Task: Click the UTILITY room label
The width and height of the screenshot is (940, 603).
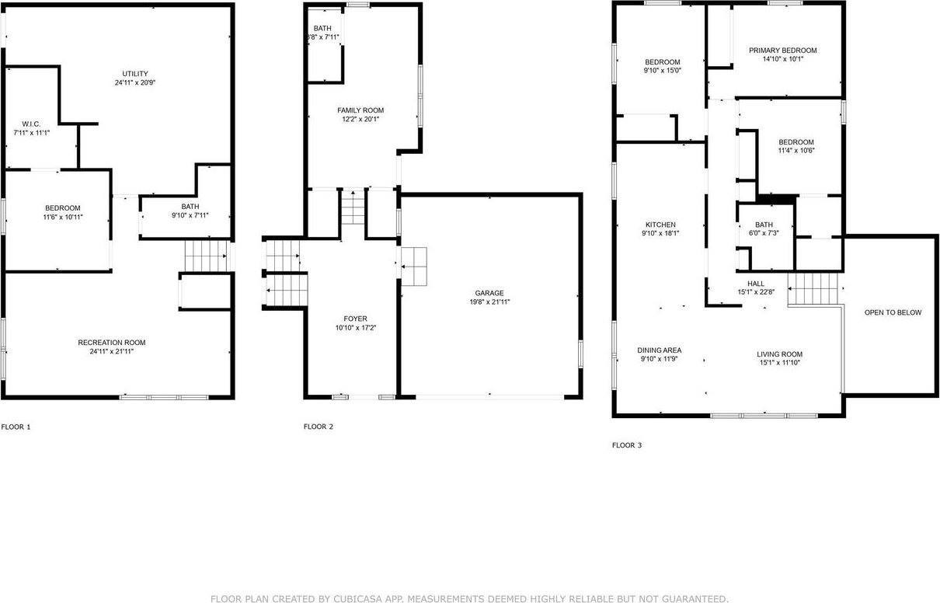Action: [130, 74]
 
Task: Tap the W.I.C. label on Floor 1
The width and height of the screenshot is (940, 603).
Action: [31, 124]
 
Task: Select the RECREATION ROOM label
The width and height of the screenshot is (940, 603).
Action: [111, 343]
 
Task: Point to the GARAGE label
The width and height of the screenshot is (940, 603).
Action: [489, 293]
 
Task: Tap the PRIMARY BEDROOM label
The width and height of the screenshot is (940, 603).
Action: [782, 51]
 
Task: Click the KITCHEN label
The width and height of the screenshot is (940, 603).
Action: [660, 225]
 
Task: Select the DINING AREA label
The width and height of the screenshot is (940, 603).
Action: [660, 350]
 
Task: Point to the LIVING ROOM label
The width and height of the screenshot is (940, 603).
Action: [779, 354]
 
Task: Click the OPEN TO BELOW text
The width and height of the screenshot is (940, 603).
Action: [893, 312]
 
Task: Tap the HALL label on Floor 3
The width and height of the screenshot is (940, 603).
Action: [756, 284]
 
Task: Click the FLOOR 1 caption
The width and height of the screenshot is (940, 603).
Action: [16, 427]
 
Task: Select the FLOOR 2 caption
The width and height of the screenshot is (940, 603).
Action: [319, 427]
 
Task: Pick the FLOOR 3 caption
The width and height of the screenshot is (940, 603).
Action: [627, 445]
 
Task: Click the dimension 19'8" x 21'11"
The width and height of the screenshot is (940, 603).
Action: [489, 302]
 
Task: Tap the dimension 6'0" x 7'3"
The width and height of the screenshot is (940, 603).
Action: [764, 233]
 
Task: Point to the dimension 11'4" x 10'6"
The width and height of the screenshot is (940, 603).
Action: [796, 151]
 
